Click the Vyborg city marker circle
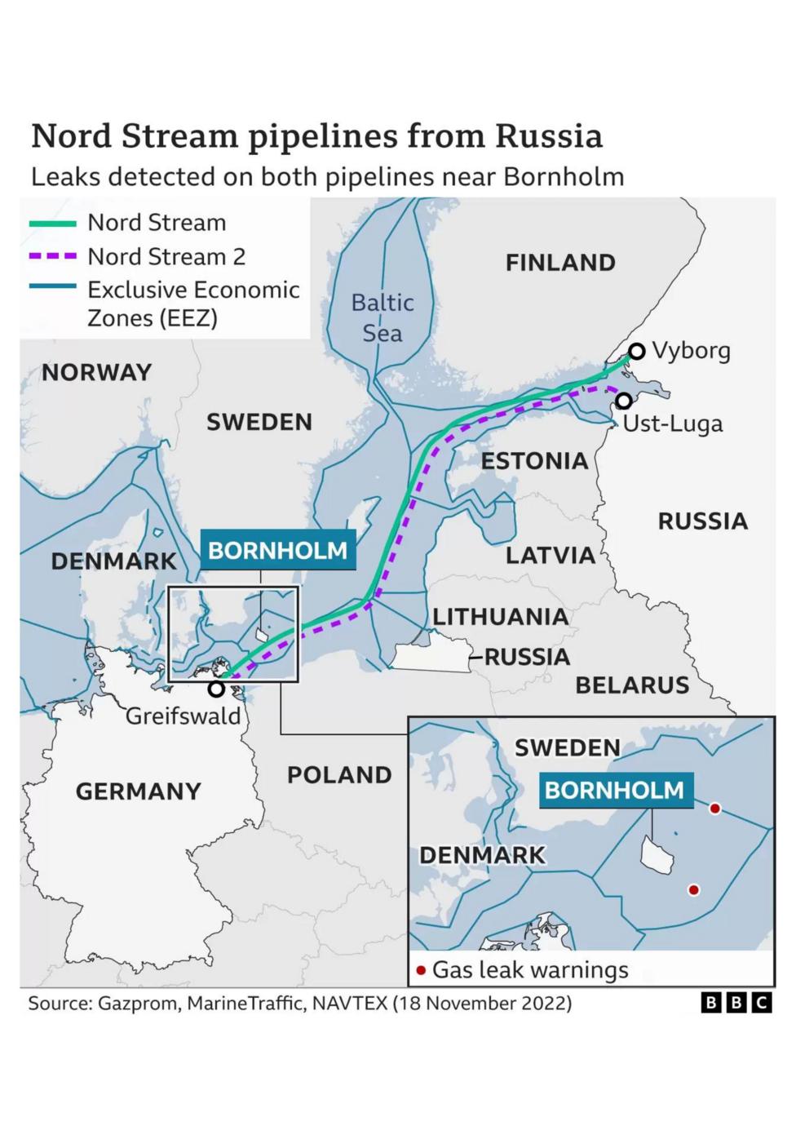click(637, 351)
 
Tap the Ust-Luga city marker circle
click(624, 401)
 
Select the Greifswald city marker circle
click(216, 689)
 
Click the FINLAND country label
click(560, 263)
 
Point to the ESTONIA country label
click(534, 461)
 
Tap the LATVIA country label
click(551, 556)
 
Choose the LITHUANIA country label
click(500, 617)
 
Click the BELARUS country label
click(632, 685)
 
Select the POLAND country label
click(339, 774)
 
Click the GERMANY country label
click(138, 791)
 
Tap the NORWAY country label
click(97, 373)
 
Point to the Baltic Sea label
click(383, 317)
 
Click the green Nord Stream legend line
click(53, 223)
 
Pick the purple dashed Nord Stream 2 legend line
click(53, 256)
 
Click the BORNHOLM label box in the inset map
click(615, 790)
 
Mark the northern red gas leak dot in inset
click(715, 809)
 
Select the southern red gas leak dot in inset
click(694, 889)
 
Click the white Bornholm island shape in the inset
click(657, 854)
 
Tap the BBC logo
click(736, 1003)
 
